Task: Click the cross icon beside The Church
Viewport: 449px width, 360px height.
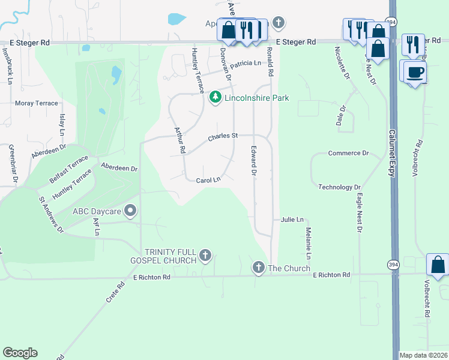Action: (259, 267)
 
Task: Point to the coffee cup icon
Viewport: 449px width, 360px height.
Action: (415, 72)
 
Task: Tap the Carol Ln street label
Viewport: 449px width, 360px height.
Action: (208, 179)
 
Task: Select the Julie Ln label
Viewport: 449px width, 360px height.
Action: (292, 220)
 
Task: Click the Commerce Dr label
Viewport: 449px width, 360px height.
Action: (348, 154)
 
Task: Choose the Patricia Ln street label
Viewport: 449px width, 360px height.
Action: (246, 63)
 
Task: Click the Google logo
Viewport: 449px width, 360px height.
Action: (20, 353)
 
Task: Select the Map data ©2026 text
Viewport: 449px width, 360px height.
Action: (423, 355)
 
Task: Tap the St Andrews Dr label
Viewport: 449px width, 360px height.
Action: (51, 214)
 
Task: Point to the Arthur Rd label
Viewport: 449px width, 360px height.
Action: (179, 140)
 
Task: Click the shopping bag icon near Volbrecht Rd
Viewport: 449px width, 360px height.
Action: (438, 265)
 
